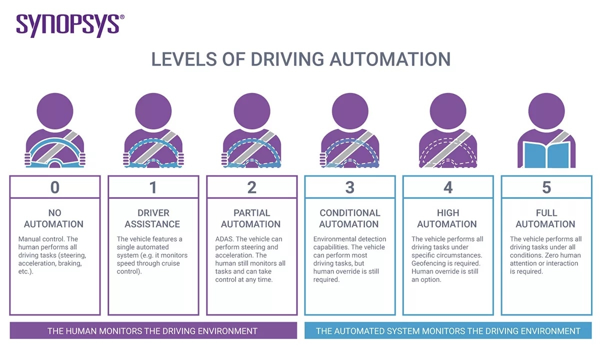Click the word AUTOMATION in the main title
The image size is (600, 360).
[389, 59]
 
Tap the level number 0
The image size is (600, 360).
[55, 187]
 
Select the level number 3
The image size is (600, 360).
[349, 187]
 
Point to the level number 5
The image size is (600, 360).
[546, 187]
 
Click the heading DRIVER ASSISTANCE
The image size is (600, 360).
[153, 218]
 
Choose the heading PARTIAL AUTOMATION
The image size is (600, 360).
[251, 218]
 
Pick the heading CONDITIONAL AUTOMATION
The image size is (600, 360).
[349, 218]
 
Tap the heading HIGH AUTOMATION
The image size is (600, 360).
[447, 218]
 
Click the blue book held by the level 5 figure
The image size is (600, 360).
[546, 152]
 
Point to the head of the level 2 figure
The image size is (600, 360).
[251, 108]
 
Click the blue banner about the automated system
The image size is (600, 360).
[447, 330]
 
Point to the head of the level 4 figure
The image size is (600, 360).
[448, 108]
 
